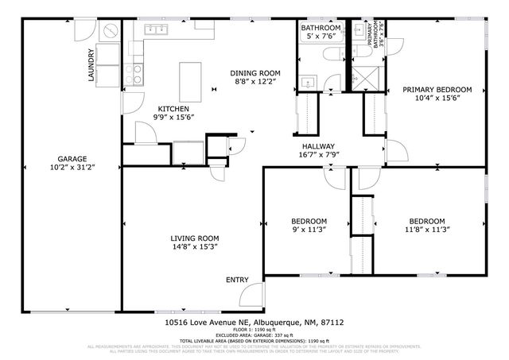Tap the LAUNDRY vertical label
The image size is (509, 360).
pyautogui.click(x=91, y=67)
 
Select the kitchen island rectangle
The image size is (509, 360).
pyautogui.click(x=189, y=78)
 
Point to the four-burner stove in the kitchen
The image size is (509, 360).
pyautogui.click(x=136, y=74)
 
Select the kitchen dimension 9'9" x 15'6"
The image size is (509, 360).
pyautogui.click(x=173, y=118)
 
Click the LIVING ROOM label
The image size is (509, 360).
pyautogui.click(x=194, y=238)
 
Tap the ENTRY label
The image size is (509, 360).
pyautogui.click(x=237, y=280)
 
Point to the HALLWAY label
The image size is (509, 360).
pyautogui.click(x=317, y=146)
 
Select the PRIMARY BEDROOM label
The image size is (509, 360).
pyautogui.click(x=437, y=90)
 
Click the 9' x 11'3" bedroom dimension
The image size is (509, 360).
pyautogui.click(x=308, y=230)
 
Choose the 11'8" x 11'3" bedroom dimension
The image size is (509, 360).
pyautogui.click(x=427, y=230)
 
